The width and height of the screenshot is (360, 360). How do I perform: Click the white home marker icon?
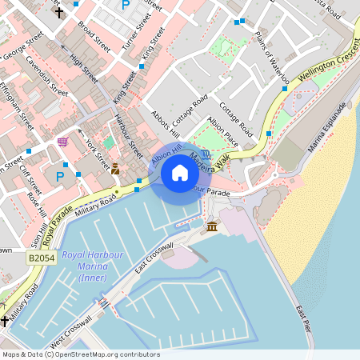pyautogui.click(x=180, y=173)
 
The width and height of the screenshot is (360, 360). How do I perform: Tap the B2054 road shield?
pyautogui.click(x=40, y=258)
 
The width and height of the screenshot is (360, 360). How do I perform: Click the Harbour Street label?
pyautogui.click(x=128, y=135)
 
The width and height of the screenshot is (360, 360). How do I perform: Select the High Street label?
pyautogui.click(x=83, y=70)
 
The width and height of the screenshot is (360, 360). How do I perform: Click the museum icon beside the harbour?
pyautogui.click(x=212, y=228)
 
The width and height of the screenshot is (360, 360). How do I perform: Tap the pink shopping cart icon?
pyautogui.click(x=62, y=142)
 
